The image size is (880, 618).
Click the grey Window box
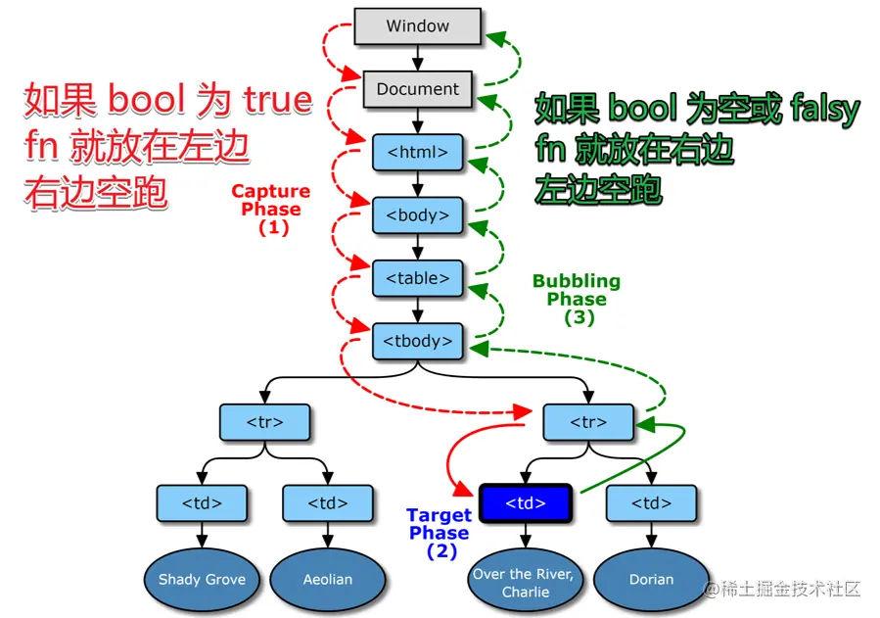coord(417,26)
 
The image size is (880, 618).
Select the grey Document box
coord(417,89)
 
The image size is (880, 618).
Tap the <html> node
coord(417,152)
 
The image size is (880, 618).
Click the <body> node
coord(417,214)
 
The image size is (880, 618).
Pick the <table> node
coord(417,278)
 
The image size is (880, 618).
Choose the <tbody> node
coord(417,341)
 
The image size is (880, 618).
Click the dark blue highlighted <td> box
coord(525,503)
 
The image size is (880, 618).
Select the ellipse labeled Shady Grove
coord(202,579)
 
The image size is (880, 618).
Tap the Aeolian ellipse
coord(327,579)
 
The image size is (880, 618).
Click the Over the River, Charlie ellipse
coord(525,582)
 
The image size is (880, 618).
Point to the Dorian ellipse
coord(651,579)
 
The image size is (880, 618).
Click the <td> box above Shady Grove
coord(202,503)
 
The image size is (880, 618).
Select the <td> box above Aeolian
coord(327,503)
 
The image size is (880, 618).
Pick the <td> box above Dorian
coord(651,503)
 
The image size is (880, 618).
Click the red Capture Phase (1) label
coord(271,209)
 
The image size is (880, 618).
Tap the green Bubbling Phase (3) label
coord(577,299)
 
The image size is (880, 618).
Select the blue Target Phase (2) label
coord(439,533)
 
